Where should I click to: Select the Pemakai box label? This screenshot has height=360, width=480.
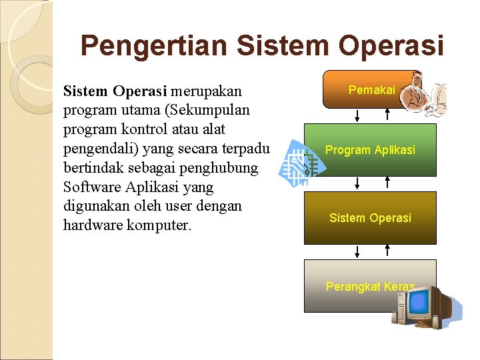tap(371, 90)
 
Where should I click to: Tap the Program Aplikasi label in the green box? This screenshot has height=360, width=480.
tap(370, 150)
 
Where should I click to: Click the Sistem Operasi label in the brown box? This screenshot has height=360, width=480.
tap(370, 218)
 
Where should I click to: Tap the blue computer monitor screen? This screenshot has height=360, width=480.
tap(419, 303)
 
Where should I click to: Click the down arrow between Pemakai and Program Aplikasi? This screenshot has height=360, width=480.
tap(357, 115)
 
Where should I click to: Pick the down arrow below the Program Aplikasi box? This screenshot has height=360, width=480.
tap(357, 183)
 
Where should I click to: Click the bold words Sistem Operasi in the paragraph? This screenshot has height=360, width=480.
tap(116, 90)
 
